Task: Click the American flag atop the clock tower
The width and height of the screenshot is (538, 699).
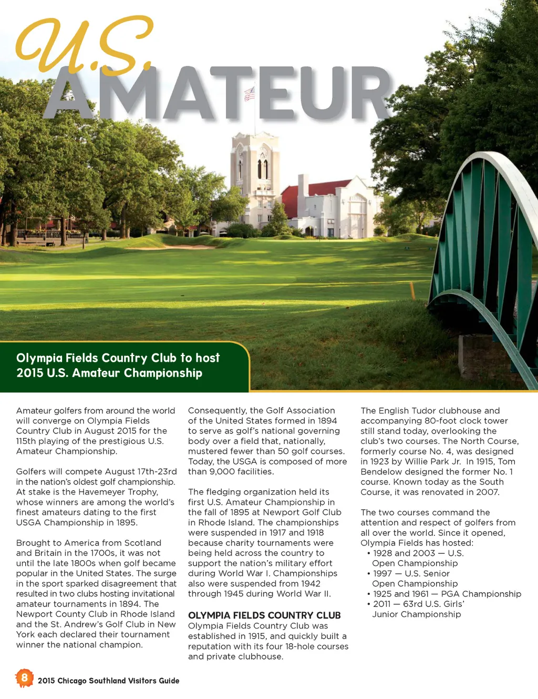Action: [x=250, y=94]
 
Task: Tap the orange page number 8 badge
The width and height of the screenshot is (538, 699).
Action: [x=24, y=677]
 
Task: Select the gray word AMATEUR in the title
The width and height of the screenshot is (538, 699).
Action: [x=221, y=94]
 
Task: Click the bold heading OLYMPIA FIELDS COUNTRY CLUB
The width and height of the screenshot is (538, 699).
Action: [x=264, y=615]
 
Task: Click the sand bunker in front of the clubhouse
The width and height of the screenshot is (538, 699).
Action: [x=168, y=247]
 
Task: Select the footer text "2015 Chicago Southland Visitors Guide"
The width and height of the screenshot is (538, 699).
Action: [x=108, y=681]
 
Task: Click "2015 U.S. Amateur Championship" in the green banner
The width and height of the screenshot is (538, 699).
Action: [x=109, y=373]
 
